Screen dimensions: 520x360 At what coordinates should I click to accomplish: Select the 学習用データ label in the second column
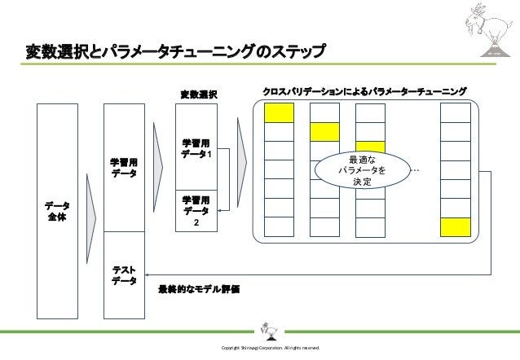[124, 169]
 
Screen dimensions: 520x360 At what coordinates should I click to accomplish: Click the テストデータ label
[124, 275]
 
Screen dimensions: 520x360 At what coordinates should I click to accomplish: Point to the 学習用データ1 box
[196, 149]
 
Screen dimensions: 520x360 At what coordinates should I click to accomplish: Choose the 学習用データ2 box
[196, 209]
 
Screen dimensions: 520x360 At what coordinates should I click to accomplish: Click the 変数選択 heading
[198, 94]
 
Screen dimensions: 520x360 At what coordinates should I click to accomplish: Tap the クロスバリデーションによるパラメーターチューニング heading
[364, 89]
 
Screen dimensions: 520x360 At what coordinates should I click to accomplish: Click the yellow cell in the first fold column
[280, 113]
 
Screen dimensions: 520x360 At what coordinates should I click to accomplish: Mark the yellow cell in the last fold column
[455, 227]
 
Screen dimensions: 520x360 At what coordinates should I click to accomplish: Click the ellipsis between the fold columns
[416, 170]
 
